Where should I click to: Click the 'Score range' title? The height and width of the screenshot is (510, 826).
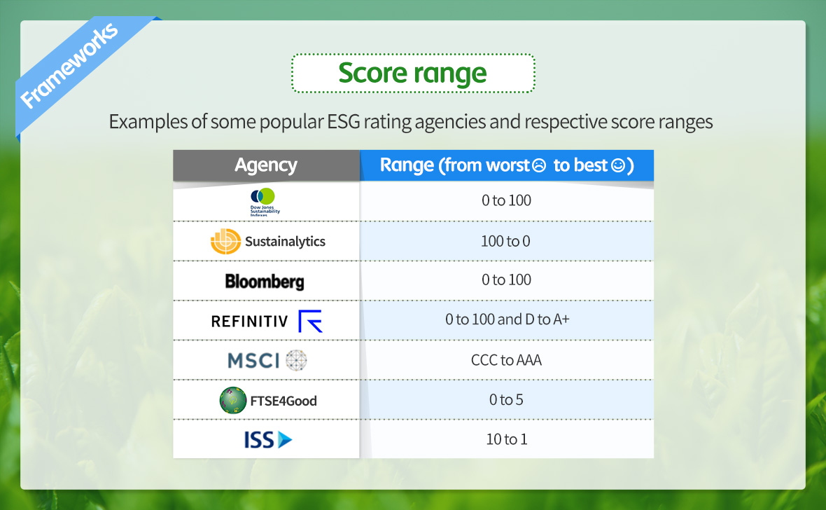click(412, 73)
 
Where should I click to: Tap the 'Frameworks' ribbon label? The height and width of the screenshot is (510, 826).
click(69, 65)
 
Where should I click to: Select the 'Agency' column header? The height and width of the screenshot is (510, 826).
click(266, 165)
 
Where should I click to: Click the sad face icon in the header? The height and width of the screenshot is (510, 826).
click(539, 165)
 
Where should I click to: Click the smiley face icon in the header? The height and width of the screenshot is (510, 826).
click(618, 165)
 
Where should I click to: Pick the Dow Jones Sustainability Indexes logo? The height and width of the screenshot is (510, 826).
click(265, 202)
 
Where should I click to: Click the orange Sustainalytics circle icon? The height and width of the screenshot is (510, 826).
click(225, 242)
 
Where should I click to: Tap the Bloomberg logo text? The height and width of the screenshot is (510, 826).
click(265, 282)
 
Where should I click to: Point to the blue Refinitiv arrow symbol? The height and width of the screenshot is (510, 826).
click(309, 321)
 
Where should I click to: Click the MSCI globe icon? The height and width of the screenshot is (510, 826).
click(296, 360)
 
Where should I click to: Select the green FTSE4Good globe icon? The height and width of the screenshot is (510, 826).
click(233, 400)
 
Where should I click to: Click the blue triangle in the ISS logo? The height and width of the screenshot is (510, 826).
click(284, 439)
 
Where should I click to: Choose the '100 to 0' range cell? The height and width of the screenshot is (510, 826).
click(505, 241)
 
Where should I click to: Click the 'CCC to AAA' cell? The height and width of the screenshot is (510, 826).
click(506, 360)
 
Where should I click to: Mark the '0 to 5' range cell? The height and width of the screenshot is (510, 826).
click(506, 400)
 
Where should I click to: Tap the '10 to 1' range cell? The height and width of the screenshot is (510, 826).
click(507, 439)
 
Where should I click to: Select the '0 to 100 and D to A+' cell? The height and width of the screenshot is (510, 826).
click(507, 319)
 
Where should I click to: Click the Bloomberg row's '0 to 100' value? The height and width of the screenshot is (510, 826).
click(506, 280)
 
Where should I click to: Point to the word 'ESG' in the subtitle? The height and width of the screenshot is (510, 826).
click(344, 122)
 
